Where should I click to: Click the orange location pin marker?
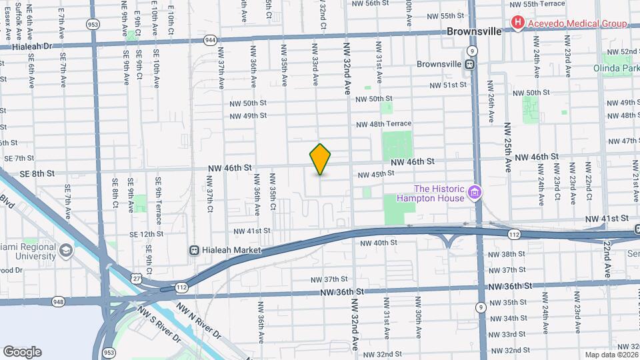320,159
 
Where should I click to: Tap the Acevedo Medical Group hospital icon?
518,23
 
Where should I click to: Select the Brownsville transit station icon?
469,65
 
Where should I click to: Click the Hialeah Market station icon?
195,251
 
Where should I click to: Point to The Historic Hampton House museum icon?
474,193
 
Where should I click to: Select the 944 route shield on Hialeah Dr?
210,40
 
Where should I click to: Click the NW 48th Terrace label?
383,124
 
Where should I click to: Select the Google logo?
22,351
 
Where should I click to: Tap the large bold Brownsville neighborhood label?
473,31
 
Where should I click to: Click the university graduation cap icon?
66,250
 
